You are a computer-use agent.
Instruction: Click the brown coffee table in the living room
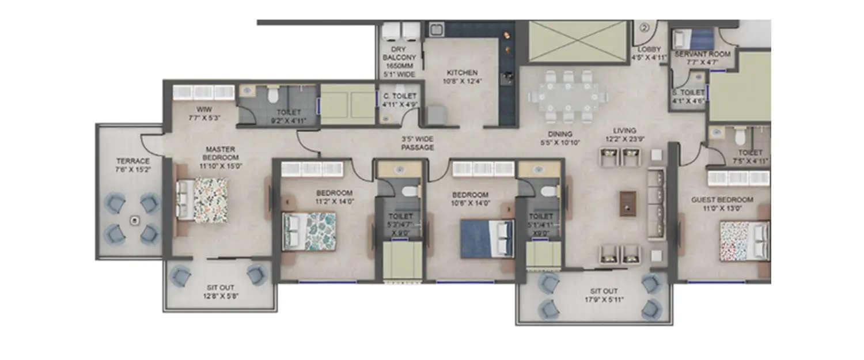click(x=628, y=203)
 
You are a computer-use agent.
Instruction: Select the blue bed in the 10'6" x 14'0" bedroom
click(x=487, y=238)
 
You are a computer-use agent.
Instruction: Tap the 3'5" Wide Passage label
click(x=418, y=143)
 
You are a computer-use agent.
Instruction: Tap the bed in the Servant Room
click(x=694, y=39)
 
